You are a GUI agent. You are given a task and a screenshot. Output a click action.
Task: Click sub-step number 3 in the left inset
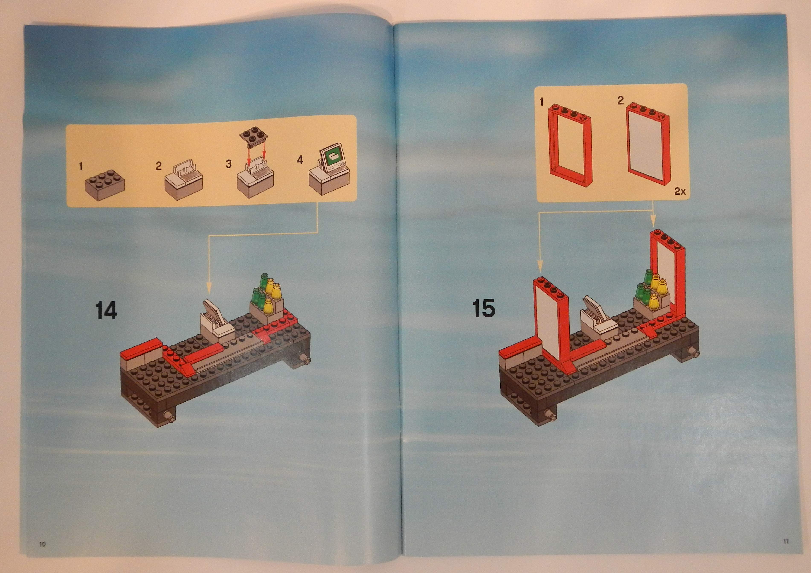pyautogui.click(x=229, y=164)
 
